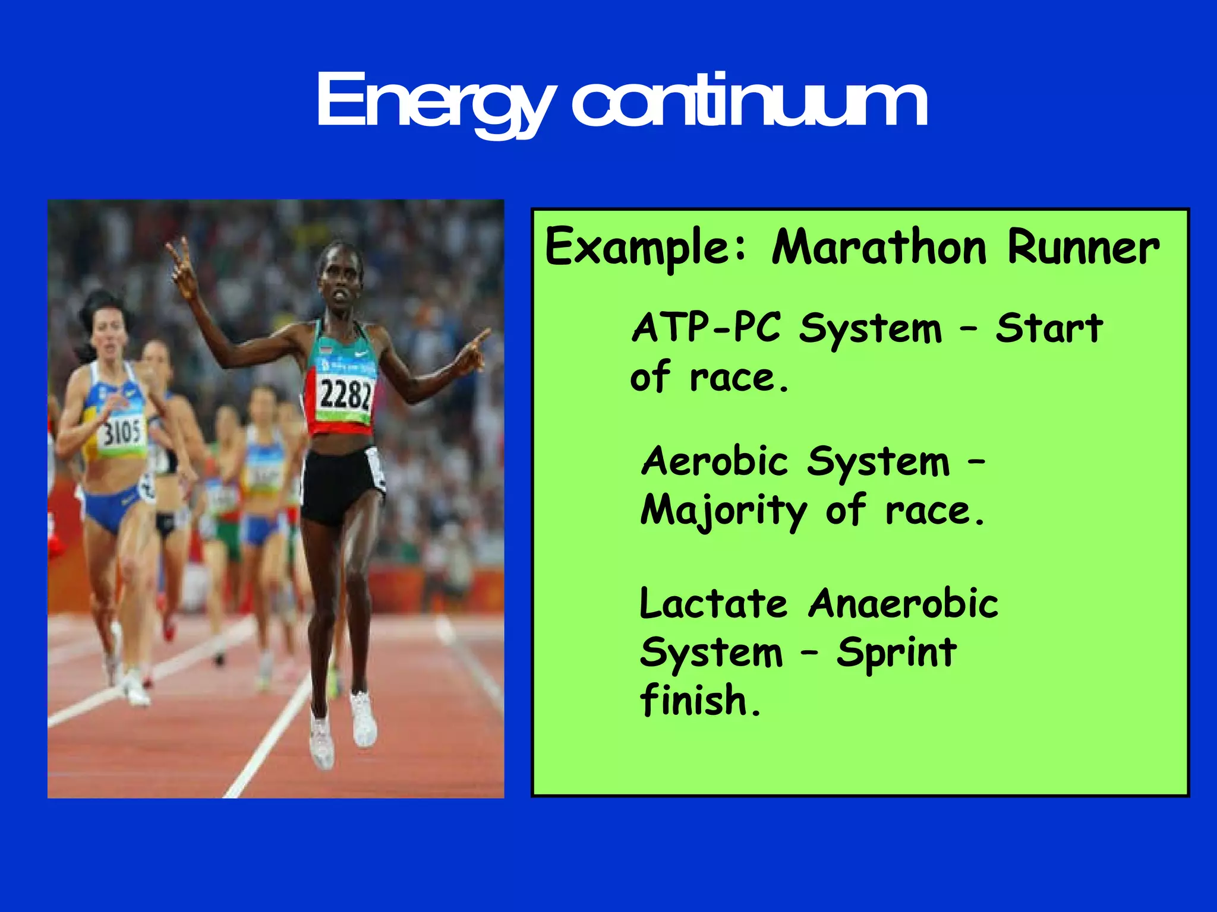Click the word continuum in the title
tap(749, 101)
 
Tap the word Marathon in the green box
tap(879, 248)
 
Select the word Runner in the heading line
tap(1083, 248)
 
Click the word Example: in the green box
tap(646, 248)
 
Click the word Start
tap(1049, 328)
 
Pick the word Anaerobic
tap(903, 604)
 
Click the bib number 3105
tap(122, 432)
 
